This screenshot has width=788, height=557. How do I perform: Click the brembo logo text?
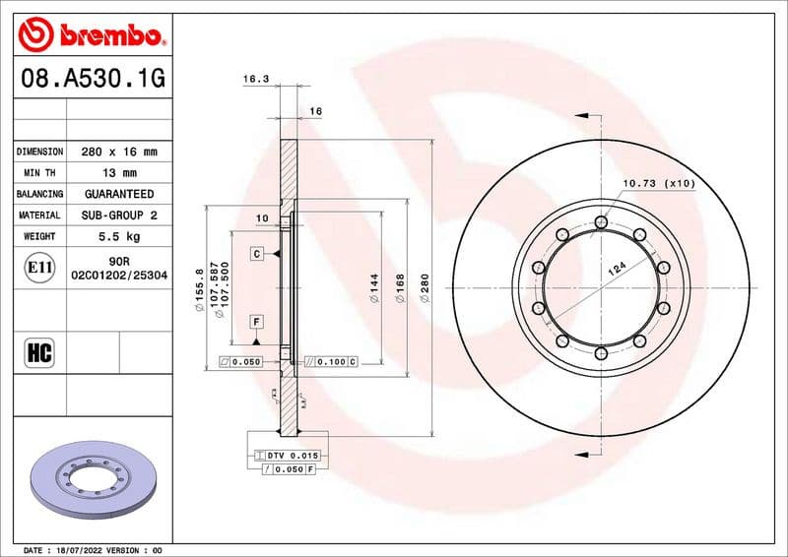[x=105, y=36]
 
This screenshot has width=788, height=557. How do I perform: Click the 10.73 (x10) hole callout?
[x=658, y=183]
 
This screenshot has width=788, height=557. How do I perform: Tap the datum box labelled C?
[x=256, y=254]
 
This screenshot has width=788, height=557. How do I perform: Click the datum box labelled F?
[x=256, y=322]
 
